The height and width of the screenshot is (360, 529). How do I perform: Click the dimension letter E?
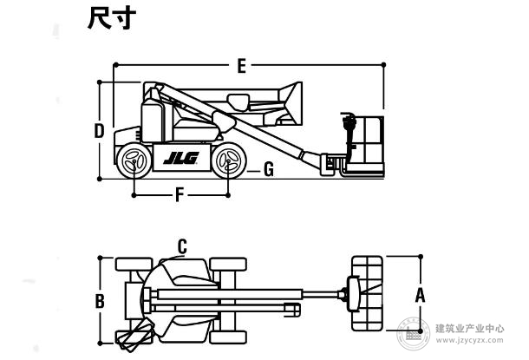click(242, 66)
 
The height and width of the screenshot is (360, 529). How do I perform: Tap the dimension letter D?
click(99, 131)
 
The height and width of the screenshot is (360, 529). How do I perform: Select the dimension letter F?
click(180, 195)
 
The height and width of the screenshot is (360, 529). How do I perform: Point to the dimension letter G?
click(269, 169)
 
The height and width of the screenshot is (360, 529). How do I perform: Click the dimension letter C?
click(182, 246)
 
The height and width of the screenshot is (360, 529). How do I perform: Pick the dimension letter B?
click(100, 301)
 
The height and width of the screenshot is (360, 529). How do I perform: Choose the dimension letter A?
click(420, 295)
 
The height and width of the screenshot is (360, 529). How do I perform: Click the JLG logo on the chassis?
click(181, 158)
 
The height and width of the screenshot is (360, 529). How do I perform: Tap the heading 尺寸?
click(112, 18)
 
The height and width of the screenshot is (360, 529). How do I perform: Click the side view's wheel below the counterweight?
click(134, 161)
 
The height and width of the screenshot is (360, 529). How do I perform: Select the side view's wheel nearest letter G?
click(229, 160)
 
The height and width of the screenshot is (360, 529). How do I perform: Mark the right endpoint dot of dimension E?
click(383, 65)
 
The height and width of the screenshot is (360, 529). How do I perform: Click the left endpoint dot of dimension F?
click(134, 195)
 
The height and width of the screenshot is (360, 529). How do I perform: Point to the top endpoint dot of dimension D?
click(99, 82)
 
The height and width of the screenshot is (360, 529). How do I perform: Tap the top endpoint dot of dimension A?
click(421, 257)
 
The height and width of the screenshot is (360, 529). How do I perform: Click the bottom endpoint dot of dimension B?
click(100, 344)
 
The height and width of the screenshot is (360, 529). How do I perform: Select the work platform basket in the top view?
click(367, 293)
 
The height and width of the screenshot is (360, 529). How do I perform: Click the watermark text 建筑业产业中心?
click(470, 328)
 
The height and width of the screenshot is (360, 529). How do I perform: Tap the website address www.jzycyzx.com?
click(470, 340)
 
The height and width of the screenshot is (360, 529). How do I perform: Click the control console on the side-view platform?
click(349, 124)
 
